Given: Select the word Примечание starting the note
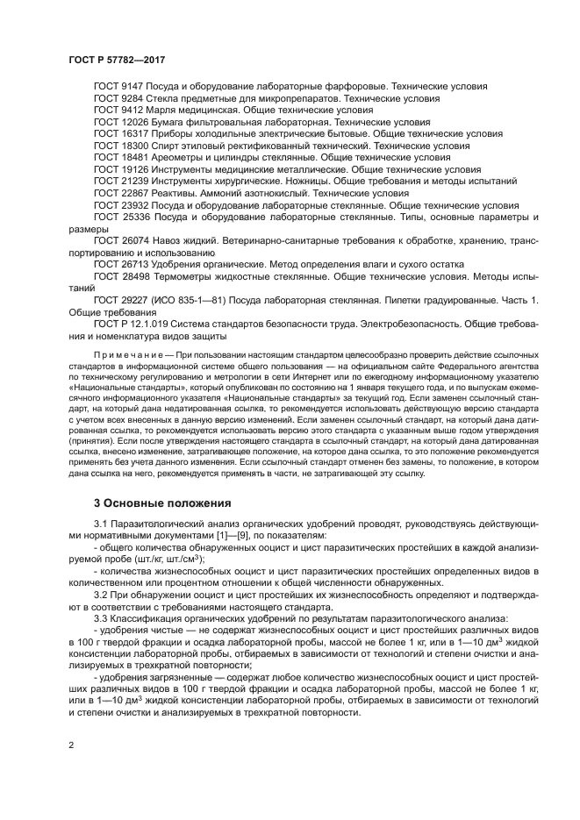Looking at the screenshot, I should [125, 358].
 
